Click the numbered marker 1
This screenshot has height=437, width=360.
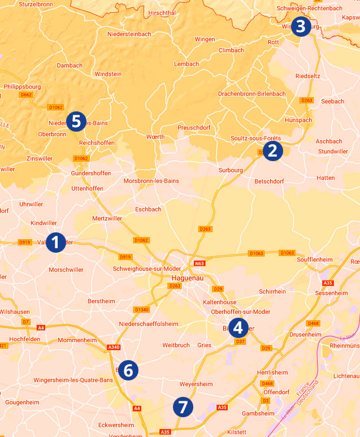(x=55, y=242)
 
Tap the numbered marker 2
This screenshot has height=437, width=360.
(x=272, y=150)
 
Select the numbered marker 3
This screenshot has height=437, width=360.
(x=300, y=26)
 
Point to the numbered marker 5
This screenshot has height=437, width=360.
(x=76, y=122)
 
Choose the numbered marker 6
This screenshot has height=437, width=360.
(x=128, y=370)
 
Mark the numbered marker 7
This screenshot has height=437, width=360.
(x=183, y=406)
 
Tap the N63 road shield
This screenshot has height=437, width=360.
(x=198, y=263)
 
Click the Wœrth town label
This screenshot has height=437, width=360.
(x=155, y=137)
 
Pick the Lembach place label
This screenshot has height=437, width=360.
(x=186, y=64)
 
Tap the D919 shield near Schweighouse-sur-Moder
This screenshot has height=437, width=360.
(x=125, y=257)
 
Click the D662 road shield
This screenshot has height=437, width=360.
(x=26, y=95)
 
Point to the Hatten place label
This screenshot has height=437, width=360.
(x=326, y=178)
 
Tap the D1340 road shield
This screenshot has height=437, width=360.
(x=142, y=309)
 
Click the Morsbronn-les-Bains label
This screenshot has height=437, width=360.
(x=151, y=181)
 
